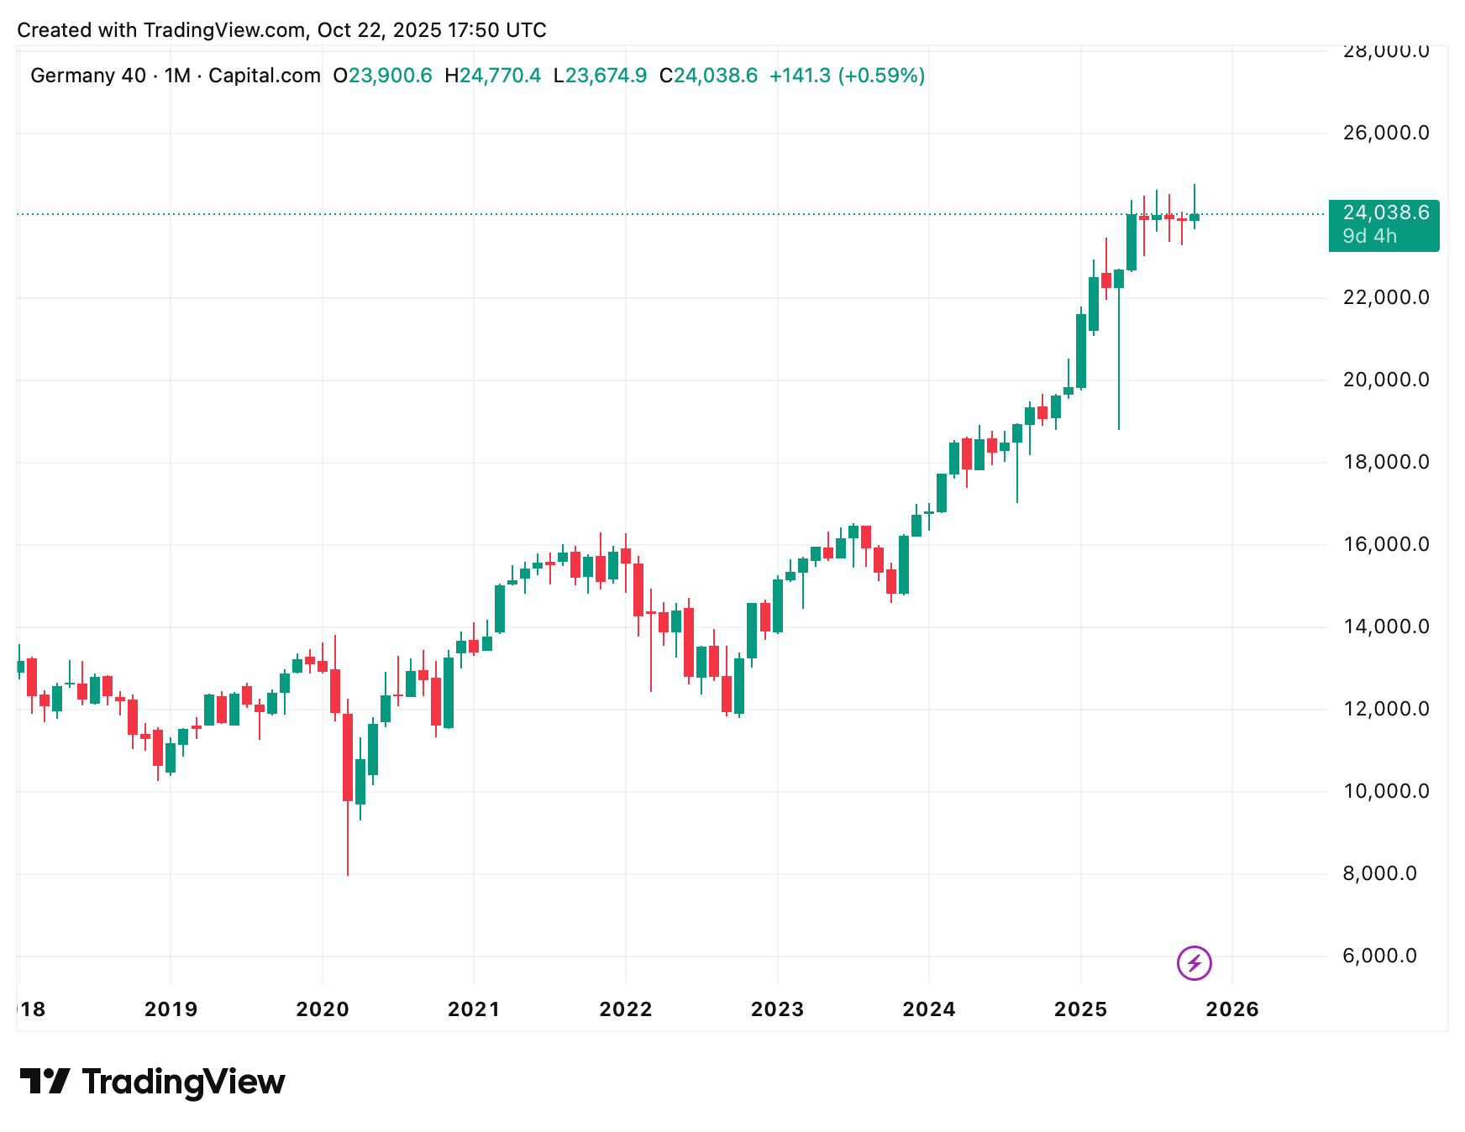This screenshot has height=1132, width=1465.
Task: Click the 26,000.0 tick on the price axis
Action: pyautogui.click(x=1385, y=133)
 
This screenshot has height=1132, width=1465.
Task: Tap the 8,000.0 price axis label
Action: pyautogui.click(x=1379, y=873)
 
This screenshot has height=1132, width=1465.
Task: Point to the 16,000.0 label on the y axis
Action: pyautogui.click(x=1385, y=544)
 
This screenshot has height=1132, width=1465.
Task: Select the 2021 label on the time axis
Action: pyautogui.click(x=474, y=1009)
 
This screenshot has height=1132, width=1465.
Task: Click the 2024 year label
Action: pyautogui.click(x=929, y=1009)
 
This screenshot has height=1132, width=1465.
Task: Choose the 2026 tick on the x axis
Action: pyautogui.click(x=1232, y=1009)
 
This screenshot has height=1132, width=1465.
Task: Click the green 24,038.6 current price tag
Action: pyautogui.click(x=1385, y=213)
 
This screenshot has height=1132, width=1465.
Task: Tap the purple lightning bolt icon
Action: pyautogui.click(x=1194, y=962)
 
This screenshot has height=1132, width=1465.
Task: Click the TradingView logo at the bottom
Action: pyautogui.click(x=152, y=1082)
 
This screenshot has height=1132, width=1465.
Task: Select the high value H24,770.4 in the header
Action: pyautogui.click(x=492, y=76)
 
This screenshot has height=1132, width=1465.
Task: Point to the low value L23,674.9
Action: pyautogui.click(x=600, y=76)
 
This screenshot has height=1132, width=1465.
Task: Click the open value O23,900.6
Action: pyautogui.click(x=382, y=76)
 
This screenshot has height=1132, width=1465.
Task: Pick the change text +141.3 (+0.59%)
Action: pyautogui.click(x=847, y=76)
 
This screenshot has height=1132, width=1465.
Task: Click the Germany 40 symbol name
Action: pyautogui.click(x=88, y=76)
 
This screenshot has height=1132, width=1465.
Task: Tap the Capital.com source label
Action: pyautogui.click(x=264, y=76)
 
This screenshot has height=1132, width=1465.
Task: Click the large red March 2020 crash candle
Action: pyautogui.click(x=348, y=756)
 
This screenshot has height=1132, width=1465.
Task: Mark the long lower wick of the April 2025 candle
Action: pyautogui.click(x=1119, y=361)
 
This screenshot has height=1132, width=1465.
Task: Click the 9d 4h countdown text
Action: pyautogui.click(x=1369, y=237)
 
